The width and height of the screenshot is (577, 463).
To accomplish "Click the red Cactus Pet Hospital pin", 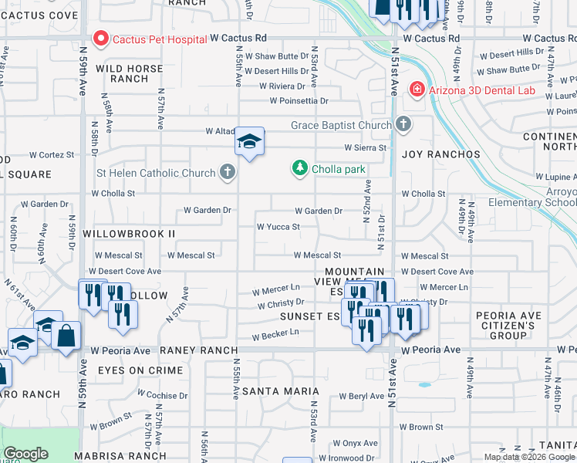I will pyautogui.click(x=100, y=38).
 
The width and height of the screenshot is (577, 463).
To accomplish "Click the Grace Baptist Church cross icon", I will pyautogui.click(x=403, y=124).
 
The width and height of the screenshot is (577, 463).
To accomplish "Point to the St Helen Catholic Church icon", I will pyautogui.click(x=227, y=172).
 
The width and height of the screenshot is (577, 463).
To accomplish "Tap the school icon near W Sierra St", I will pyautogui.click(x=249, y=142).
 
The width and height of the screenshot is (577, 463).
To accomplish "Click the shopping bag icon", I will pyautogui.click(x=66, y=336).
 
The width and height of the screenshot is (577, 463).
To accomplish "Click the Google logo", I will pyautogui.click(x=25, y=454).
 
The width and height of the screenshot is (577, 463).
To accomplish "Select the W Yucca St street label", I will pyautogui.click(x=278, y=227).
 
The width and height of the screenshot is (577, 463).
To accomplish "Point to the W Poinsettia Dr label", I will pyautogui.click(x=299, y=100).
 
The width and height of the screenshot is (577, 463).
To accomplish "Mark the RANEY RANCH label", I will pyautogui.click(x=194, y=350).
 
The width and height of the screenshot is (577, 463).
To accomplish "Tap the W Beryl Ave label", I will pyautogui.click(x=361, y=397).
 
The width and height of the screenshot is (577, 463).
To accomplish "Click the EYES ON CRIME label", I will pyautogui.click(x=140, y=371).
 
